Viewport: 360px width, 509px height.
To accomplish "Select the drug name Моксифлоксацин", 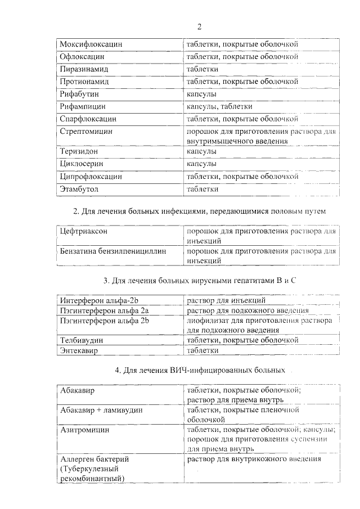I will [x=91, y=44].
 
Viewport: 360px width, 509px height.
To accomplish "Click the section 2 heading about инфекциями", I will [x=200, y=211].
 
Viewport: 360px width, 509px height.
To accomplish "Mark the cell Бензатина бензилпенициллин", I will [x=113, y=251].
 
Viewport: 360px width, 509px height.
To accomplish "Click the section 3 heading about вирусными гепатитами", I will [x=200, y=280].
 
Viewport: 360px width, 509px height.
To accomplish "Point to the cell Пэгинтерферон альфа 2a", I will [x=104, y=310].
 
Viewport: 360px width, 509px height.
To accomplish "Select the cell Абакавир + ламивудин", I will [x=101, y=410].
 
